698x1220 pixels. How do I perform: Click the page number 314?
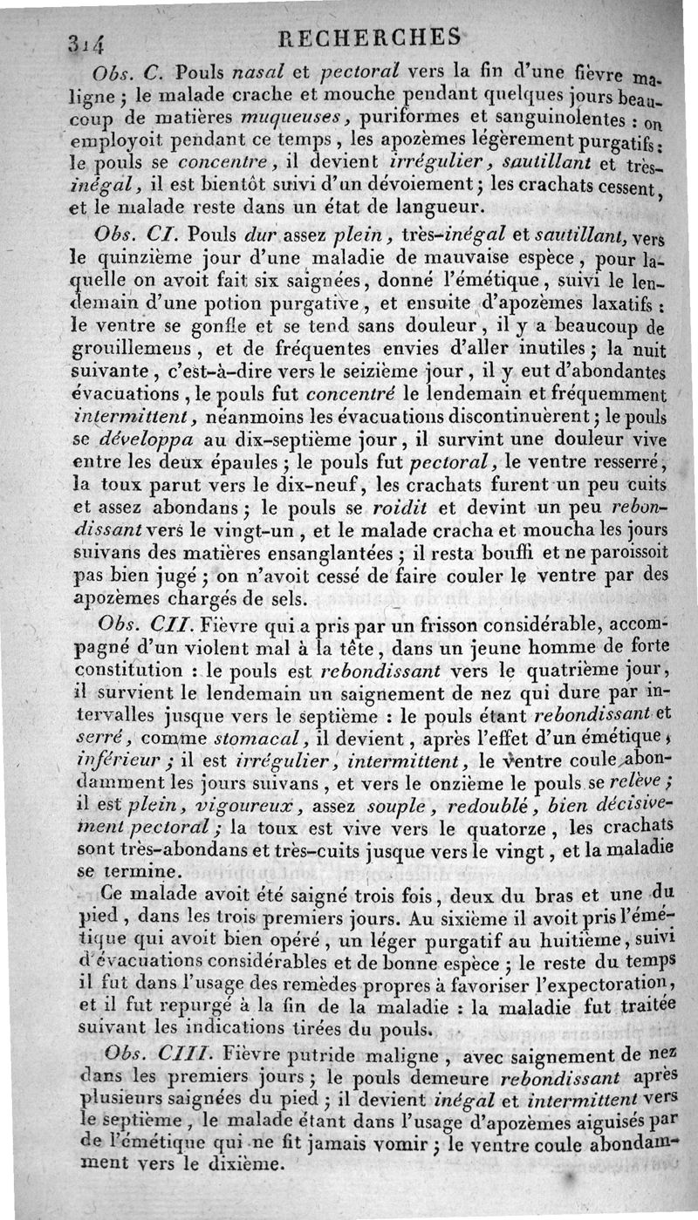tap(83, 40)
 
